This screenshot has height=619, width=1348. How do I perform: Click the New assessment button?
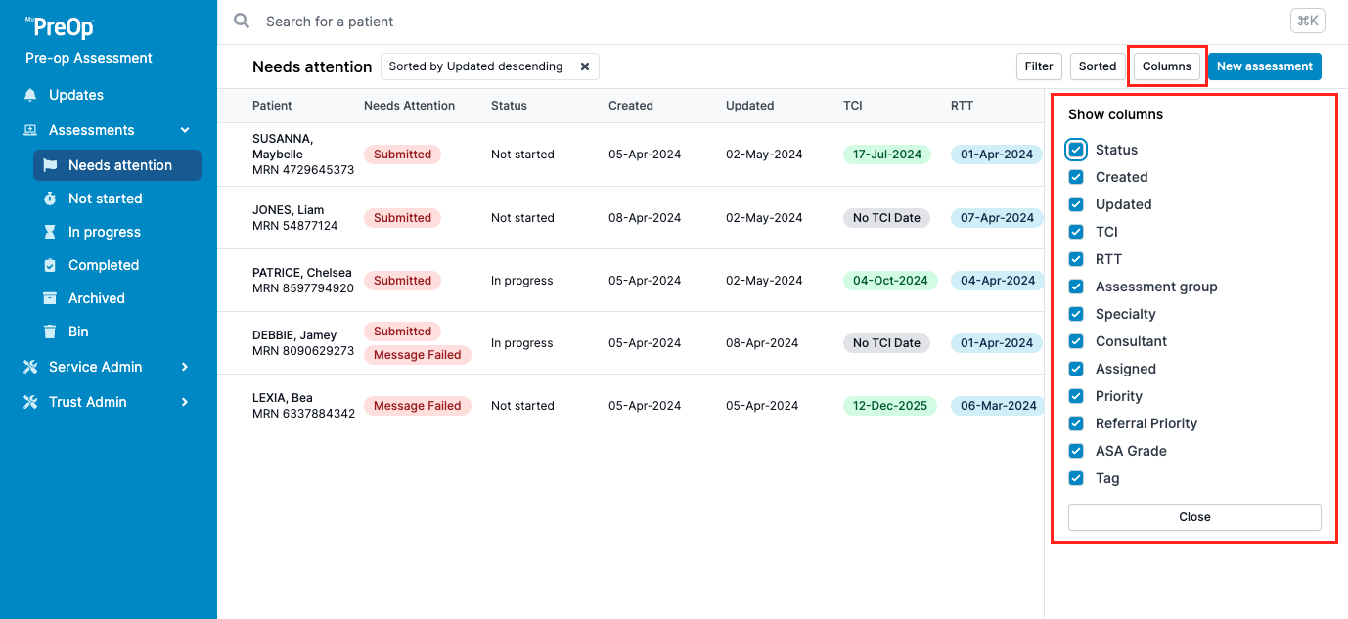pos(1264,66)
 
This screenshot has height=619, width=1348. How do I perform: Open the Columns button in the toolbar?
pos(1166,66)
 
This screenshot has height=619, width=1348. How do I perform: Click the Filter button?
pos(1039,66)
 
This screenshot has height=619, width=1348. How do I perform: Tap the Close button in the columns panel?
pos(1194,517)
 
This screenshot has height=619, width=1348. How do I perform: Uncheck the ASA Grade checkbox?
pos(1076,451)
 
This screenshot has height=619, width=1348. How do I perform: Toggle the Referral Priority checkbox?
pos(1076,423)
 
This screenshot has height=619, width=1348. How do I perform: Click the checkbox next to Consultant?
pos(1076,341)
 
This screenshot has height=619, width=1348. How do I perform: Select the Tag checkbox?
pos(1076,478)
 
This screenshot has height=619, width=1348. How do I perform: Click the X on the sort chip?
pos(585,66)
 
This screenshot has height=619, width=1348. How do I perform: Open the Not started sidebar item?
pos(105,199)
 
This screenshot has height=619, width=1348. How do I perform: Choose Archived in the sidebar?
pos(96,298)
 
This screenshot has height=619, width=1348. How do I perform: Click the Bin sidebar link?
pos(78,332)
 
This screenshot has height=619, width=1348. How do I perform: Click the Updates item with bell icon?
pos(75,95)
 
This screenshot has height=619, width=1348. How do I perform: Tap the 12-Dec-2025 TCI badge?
pos(889,406)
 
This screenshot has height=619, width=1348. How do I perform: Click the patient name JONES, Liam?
pos(288,210)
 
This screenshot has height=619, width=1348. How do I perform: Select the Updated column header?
pos(749,106)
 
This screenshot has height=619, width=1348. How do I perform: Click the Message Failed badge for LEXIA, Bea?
pos(417,406)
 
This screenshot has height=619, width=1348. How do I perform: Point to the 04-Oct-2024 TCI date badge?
pos(889,281)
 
